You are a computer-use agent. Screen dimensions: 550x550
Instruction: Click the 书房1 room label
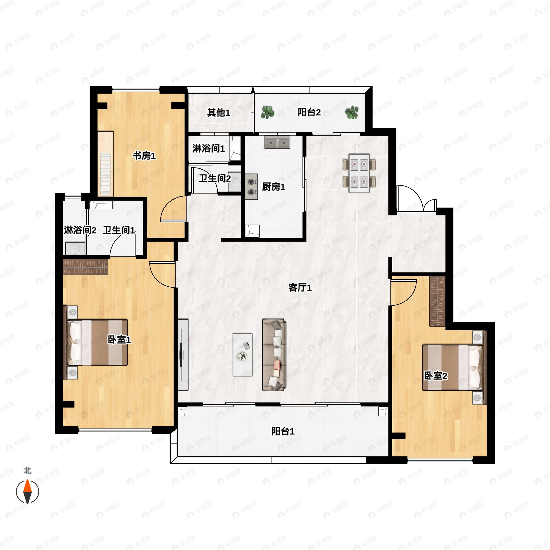click(x=144, y=156)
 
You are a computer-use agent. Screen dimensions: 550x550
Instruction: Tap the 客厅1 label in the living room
click(x=300, y=288)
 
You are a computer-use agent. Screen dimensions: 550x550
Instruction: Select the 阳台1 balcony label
click(x=283, y=431)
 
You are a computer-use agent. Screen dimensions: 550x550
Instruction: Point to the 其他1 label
click(x=218, y=113)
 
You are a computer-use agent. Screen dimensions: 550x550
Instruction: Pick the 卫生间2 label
click(x=215, y=179)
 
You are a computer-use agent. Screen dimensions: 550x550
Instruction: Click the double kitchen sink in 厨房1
click(x=277, y=142)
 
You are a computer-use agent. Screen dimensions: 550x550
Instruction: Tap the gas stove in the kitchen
click(x=251, y=187)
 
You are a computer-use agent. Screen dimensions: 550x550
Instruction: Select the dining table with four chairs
click(x=359, y=173)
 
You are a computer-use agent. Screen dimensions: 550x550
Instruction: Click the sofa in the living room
click(x=274, y=355)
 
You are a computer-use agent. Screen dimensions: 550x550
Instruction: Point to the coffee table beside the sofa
click(x=242, y=355)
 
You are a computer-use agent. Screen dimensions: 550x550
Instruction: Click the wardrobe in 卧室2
click(x=437, y=301)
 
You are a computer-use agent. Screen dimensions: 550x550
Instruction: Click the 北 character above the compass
click(x=27, y=470)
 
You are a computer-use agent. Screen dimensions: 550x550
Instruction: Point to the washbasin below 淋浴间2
click(x=75, y=248)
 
